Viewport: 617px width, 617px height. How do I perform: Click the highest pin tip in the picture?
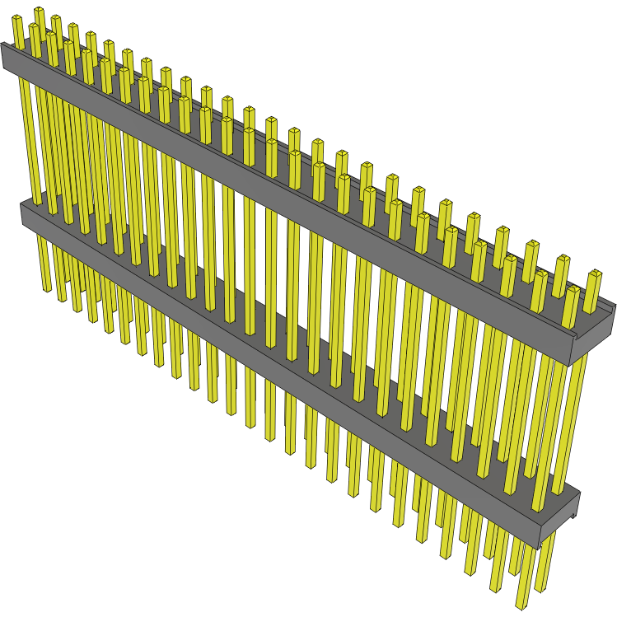(38, 11)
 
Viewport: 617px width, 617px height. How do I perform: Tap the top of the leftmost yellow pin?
(17, 21)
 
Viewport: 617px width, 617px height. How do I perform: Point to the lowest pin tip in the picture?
(521, 606)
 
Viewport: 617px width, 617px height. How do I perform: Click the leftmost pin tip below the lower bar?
(46, 289)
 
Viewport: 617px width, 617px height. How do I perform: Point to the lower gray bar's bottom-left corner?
(23, 223)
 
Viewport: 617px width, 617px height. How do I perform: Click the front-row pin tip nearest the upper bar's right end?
(571, 292)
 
